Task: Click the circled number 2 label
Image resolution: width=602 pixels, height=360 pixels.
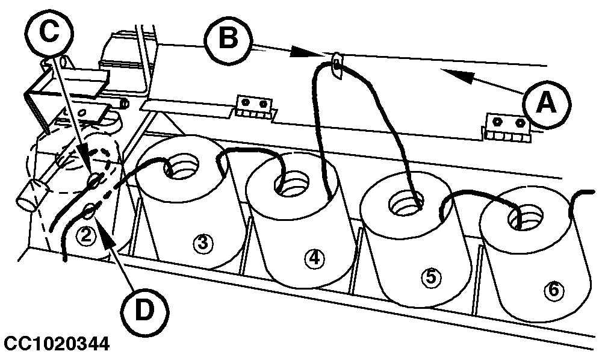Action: tap(87, 235)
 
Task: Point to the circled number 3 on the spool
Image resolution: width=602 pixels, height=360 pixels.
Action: tap(202, 243)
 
